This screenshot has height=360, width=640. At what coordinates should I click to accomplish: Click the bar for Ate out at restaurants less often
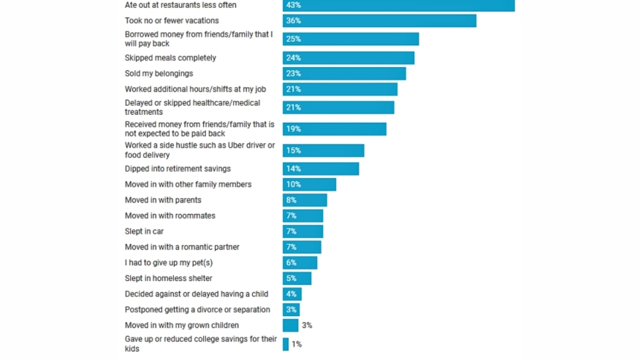pos(399,5)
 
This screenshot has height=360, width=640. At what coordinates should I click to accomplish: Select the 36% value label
pos(294,20)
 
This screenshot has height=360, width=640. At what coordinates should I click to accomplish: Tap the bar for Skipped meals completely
pos(348,58)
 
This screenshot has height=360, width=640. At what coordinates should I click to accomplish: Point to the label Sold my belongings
pos(159,74)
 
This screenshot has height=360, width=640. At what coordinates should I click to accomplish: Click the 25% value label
pos(294,39)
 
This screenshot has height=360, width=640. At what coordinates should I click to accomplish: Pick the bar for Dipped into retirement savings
pos(321,169)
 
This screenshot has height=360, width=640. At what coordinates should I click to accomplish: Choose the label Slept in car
pos(144,231)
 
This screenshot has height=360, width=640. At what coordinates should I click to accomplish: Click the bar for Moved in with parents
pos(305,200)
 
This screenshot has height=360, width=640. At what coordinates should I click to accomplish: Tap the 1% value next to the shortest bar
pos(297,344)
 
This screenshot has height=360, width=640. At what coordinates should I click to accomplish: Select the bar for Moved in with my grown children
pos(291,325)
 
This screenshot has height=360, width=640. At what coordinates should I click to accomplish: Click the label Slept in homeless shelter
pos(169,278)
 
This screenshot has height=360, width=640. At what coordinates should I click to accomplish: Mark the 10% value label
pos(294,184)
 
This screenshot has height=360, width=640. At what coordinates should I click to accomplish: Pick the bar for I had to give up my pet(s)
pos(300,262)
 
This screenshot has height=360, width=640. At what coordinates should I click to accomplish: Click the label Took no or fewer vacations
pos(172,20)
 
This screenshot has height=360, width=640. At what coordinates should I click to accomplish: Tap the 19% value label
pos(294,129)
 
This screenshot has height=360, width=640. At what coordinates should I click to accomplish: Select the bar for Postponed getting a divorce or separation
pos(292,310)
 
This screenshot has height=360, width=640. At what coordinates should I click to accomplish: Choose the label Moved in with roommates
pos(169,215)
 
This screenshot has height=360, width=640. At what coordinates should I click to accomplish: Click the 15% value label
pos(294,150)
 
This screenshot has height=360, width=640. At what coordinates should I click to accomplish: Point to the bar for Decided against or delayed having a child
pos(292,294)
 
